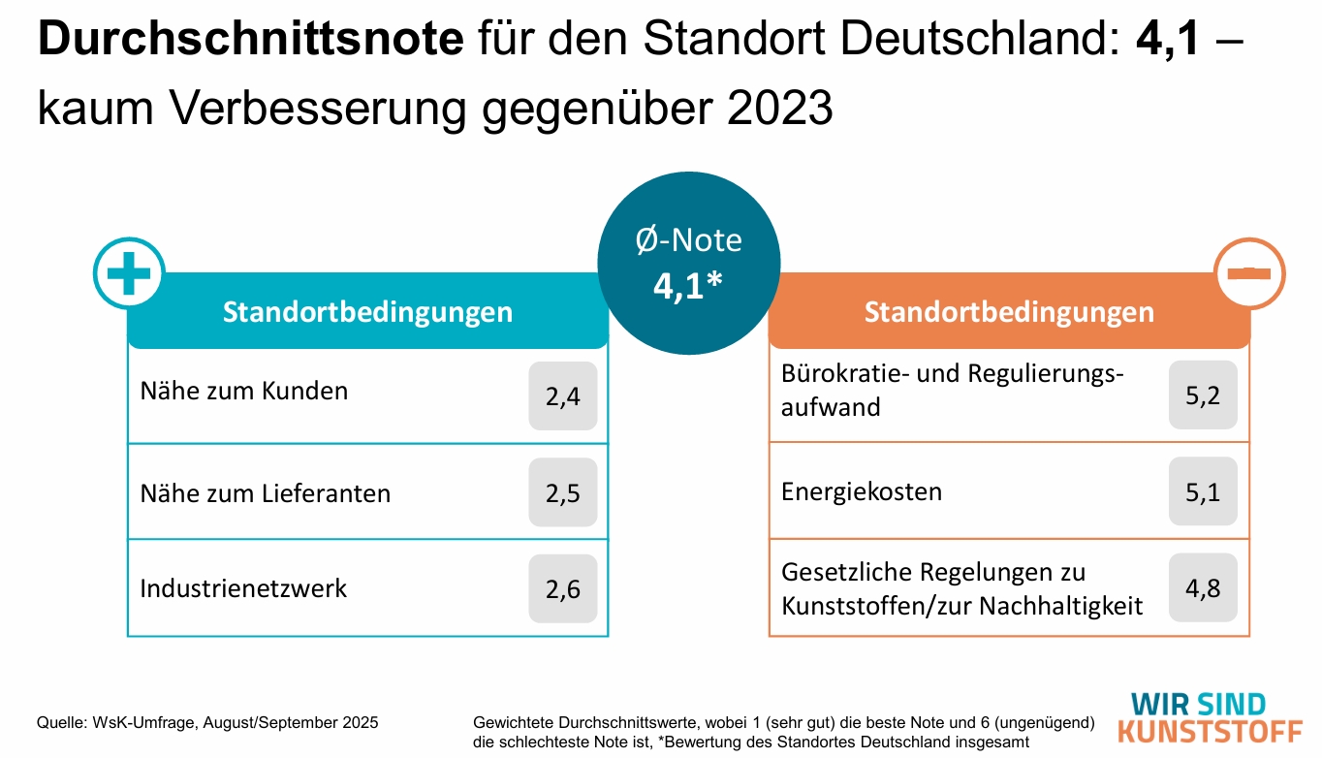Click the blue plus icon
pyautogui.click(x=129, y=272)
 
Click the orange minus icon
pyautogui.click(x=1249, y=273)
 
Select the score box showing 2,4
pyautogui.click(x=562, y=395)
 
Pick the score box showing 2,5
pyautogui.click(x=562, y=492)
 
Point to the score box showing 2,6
pyautogui.click(x=562, y=588)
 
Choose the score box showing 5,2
pyautogui.click(x=1203, y=395)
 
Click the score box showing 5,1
pyautogui.click(x=1203, y=491)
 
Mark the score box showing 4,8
pyautogui.click(x=1203, y=587)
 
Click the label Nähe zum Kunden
pyautogui.click(x=244, y=392)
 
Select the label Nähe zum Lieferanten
pyautogui.click(x=266, y=493)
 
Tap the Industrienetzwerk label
pyautogui.click(x=243, y=588)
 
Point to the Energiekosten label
pyautogui.click(x=862, y=491)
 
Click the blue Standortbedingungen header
pyautogui.click(x=367, y=313)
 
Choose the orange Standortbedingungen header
pyautogui.click(x=1009, y=313)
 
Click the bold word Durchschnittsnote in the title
pyautogui.click(x=251, y=40)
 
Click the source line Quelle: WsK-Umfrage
pyautogui.click(x=207, y=723)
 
